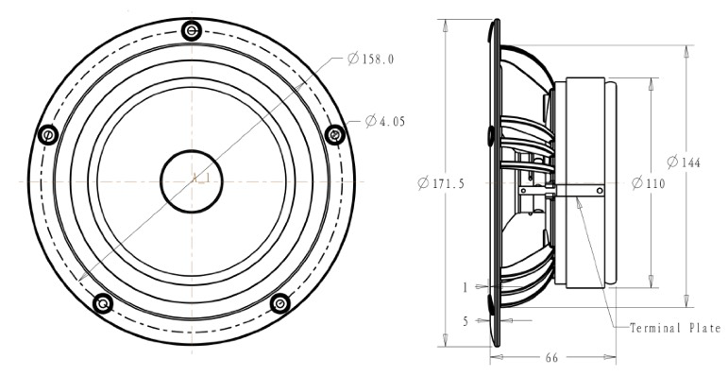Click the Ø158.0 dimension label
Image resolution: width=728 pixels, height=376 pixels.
370,59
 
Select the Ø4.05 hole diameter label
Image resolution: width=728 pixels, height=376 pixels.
385,121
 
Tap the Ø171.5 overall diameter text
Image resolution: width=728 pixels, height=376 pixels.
441,183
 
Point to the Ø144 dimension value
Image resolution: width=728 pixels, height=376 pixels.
684,162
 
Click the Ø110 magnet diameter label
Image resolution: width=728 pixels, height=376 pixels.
649,183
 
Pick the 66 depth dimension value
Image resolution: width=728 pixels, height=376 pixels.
551,358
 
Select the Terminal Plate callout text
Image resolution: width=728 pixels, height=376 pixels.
675,328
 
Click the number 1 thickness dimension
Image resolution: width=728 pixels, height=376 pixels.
466,288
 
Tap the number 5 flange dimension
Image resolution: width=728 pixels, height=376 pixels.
466,321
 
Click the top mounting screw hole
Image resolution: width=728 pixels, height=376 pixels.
192,31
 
